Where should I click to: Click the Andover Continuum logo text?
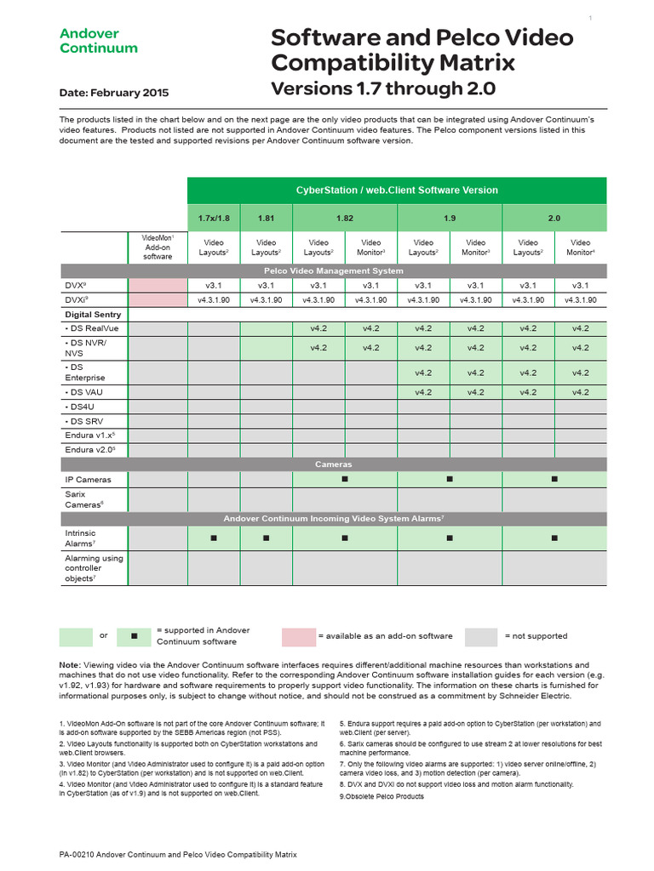click(x=98, y=41)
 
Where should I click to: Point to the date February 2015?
click(x=114, y=93)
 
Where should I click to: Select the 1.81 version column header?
click(x=267, y=218)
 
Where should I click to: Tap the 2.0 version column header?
click(x=554, y=218)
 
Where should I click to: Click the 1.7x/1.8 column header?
click(x=214, y=218)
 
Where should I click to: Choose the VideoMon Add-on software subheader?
click(x=158, y=247)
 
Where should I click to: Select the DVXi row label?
click(x=77, y=299)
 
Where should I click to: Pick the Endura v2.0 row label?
click(x=89, y=449)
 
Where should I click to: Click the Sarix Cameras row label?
click(x=85, y=498)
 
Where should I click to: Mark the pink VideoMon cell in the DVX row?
click(x=158, y=286)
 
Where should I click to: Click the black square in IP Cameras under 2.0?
click(x=554, y=480)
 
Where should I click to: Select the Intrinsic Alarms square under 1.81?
click(x=267, y=538)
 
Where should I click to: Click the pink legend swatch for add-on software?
click(x=298, y=636)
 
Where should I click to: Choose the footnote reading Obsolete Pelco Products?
click(x=381, y=796)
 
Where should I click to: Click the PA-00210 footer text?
click(x=178, y=854)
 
